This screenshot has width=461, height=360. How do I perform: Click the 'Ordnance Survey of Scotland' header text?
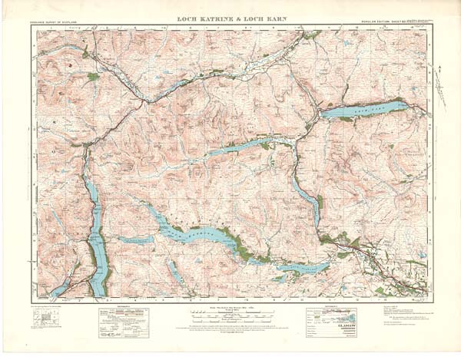point(60,26)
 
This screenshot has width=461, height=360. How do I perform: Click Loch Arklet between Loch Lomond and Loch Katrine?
point(135,240)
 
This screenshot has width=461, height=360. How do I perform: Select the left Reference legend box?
point(123,318)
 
